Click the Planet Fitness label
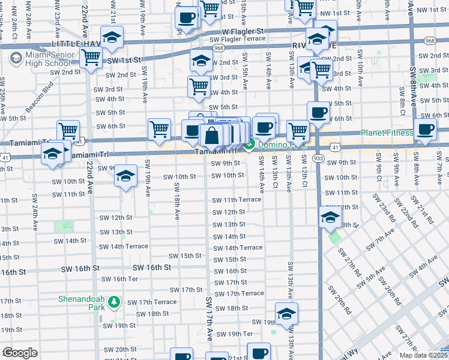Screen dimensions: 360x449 pyautogui.click(x=387, y=133)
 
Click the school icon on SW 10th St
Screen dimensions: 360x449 pyautogui.click(x=125, y=176)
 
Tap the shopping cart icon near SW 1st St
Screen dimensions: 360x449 pyautogui.click(x=91, y=58)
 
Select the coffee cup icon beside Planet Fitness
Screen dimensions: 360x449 pyautogui.click(x=426, y=129)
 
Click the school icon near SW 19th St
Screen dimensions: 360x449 pyautogui.click(x=286, y=313)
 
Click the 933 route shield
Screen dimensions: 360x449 pyautogui.click(x=319, y=157)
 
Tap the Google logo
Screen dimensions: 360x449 pyautogui.click(x=20, y=353)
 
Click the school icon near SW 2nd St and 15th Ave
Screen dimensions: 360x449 pyautogui.click(x=201, y=59)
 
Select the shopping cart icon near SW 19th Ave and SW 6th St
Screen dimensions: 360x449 pyautogui.click(x=159, y=128)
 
